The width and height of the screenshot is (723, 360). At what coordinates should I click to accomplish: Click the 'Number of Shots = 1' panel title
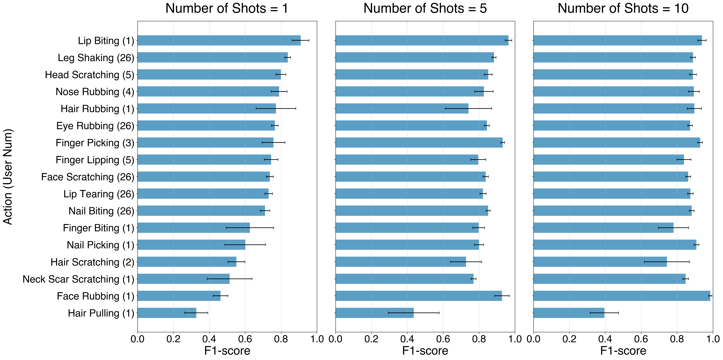tap(227, 8)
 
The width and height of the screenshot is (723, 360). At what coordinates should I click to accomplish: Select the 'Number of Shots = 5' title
tap(425, 8)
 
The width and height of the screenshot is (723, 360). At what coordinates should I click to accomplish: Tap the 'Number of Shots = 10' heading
tap(623, 8)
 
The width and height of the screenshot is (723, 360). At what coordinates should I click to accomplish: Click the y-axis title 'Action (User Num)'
tap(8, 177)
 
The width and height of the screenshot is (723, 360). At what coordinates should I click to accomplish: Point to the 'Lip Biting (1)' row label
tap(106, 41)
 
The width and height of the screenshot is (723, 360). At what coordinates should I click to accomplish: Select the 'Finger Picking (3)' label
tap(95, 143)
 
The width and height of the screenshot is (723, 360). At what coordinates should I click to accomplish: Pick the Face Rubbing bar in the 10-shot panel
tap(622, 296)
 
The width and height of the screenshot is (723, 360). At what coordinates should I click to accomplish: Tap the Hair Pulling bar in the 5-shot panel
tap(374, 313)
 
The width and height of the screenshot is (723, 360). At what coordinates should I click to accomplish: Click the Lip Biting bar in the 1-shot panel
tap(219, 40)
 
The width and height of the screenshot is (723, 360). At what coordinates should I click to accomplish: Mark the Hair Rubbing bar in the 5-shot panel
tap(402, 109)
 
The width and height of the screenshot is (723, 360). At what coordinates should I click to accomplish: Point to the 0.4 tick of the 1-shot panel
tap(209, 339)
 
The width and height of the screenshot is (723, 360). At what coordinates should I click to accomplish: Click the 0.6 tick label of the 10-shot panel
tap(641, 339)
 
